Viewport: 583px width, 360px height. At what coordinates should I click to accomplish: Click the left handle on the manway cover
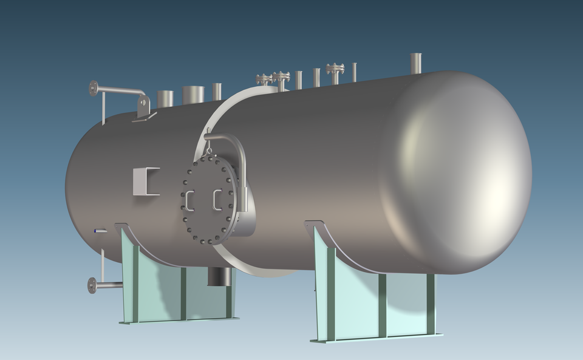point(189,200)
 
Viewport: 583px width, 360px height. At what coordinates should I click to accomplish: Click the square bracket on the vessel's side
point(146,181)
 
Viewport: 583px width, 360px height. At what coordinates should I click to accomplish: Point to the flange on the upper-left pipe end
point(93,89)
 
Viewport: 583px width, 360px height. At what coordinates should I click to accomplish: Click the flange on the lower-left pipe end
point(92,285)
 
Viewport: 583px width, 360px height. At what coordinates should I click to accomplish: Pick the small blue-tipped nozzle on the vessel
point(99,231)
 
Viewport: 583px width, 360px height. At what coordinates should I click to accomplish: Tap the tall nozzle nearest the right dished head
point(416,63)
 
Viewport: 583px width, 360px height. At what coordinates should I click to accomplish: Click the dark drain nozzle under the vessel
point(219,276)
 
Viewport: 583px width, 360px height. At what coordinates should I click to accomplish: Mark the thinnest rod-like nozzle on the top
point(355,72)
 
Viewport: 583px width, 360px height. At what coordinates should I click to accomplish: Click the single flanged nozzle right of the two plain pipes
point(335,72)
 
